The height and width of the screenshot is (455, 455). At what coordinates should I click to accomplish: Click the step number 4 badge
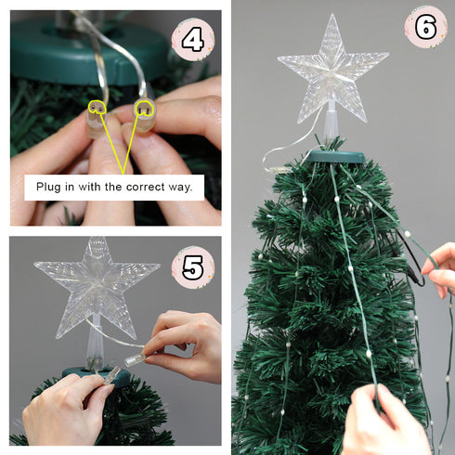[x=192, y=40]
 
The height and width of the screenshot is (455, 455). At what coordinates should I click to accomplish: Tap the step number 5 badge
[x=192, y=267]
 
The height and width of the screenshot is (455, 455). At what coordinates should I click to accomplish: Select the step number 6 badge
[x=426, y=26]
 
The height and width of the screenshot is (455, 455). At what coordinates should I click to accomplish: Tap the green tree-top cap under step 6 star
[x=332, y=155]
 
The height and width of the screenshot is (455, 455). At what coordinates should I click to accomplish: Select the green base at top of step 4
[x=89, y=51]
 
